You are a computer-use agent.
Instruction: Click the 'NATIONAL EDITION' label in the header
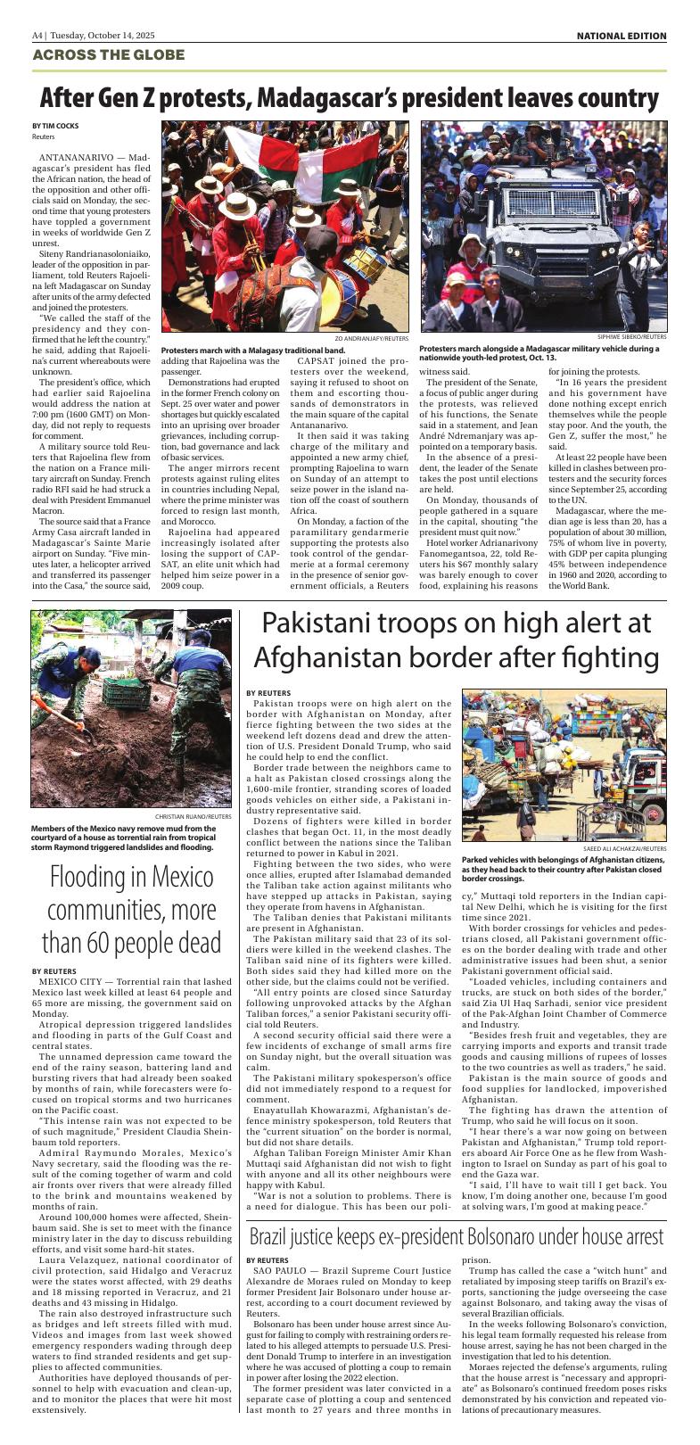click(621, 36)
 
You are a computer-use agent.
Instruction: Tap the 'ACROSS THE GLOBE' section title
click(109, 55)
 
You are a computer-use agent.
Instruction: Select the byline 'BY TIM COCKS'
click(55, 126)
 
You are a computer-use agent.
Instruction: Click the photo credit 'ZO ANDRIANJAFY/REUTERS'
click(372, 339)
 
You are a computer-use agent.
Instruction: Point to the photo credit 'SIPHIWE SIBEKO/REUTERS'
click(632, 337)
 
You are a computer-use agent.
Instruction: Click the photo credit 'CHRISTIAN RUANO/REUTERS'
click(194, 815)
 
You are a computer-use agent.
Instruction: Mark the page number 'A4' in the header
click(37, 36)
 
